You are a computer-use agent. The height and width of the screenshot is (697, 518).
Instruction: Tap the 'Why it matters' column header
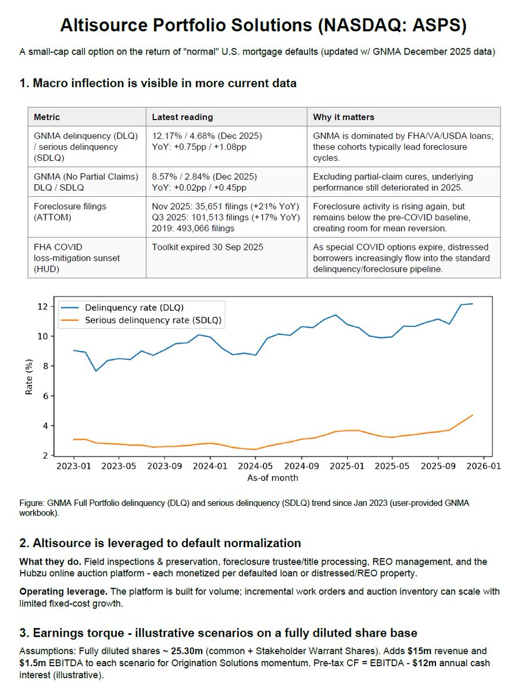pyautogui.click(x=344, y=117)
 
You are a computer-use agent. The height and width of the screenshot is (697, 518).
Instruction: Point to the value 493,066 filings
pyautogui.click(x=196, y=229)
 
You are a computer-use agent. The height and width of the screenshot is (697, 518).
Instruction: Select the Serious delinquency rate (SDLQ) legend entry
pyautogui.click(x=153, y=320)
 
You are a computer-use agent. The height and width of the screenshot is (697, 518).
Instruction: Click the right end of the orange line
pyautogui.click(x=472, y=415)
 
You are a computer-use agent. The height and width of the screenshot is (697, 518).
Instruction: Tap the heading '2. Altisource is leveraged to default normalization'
pyautogui.click(x=160, y=543)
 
